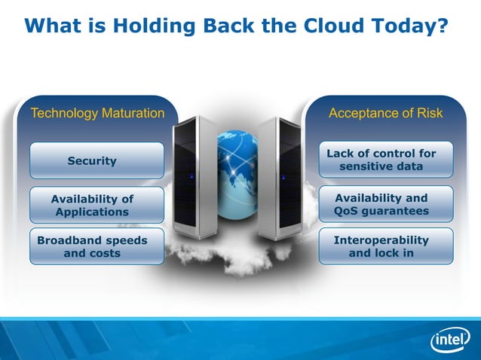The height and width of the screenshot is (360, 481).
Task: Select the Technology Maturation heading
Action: pyautogui.click(x=97, y=114)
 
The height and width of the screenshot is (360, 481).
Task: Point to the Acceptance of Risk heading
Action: pyautogui.click(x=385, y=114)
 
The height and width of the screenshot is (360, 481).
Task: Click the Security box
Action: pyautogui.click(x=97, y=160)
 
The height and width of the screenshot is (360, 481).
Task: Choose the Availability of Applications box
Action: pyautogui.click(x=97, y=206)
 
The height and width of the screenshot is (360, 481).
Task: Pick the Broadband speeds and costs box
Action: pyautogui.click(x=97, y=247)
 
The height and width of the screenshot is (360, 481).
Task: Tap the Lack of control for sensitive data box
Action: pyautogui.click(x=385, y=160)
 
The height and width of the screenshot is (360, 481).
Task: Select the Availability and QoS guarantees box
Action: pyautogui.click(x=385, y=204)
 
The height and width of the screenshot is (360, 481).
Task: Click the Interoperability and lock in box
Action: pyautogui.click(x=385, y=246)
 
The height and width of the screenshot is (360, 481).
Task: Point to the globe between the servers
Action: pyautogui.click(x=237, y=160)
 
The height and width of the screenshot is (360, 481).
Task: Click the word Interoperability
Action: pyautogui.click(x=381, y=240)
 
